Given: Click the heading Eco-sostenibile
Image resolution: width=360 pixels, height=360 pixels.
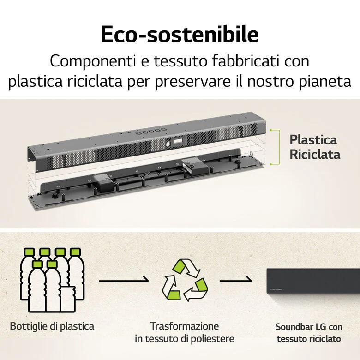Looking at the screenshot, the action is point(180,35).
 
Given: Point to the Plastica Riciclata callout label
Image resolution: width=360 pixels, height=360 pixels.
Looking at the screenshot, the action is point(315,147).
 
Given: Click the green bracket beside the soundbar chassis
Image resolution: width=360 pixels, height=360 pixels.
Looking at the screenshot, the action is point(279,147).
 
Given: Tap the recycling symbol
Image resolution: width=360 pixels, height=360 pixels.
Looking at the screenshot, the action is point(185,280).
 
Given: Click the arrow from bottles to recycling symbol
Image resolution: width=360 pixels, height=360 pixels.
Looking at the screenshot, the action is point(124,280).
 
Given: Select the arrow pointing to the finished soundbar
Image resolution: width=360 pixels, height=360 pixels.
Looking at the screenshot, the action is point(235,280).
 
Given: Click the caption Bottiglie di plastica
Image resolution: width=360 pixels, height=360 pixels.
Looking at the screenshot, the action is point(52,326).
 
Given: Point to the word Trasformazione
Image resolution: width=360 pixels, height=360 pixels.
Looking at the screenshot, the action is point(185,326).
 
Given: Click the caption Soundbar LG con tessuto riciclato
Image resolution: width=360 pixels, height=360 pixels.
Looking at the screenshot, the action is point(309,333).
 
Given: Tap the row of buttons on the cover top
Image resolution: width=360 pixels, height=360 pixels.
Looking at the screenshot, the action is point(151,132).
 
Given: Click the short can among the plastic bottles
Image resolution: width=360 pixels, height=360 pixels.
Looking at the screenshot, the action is point(68,299).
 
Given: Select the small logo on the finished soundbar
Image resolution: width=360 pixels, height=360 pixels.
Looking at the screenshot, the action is point(276,289).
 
